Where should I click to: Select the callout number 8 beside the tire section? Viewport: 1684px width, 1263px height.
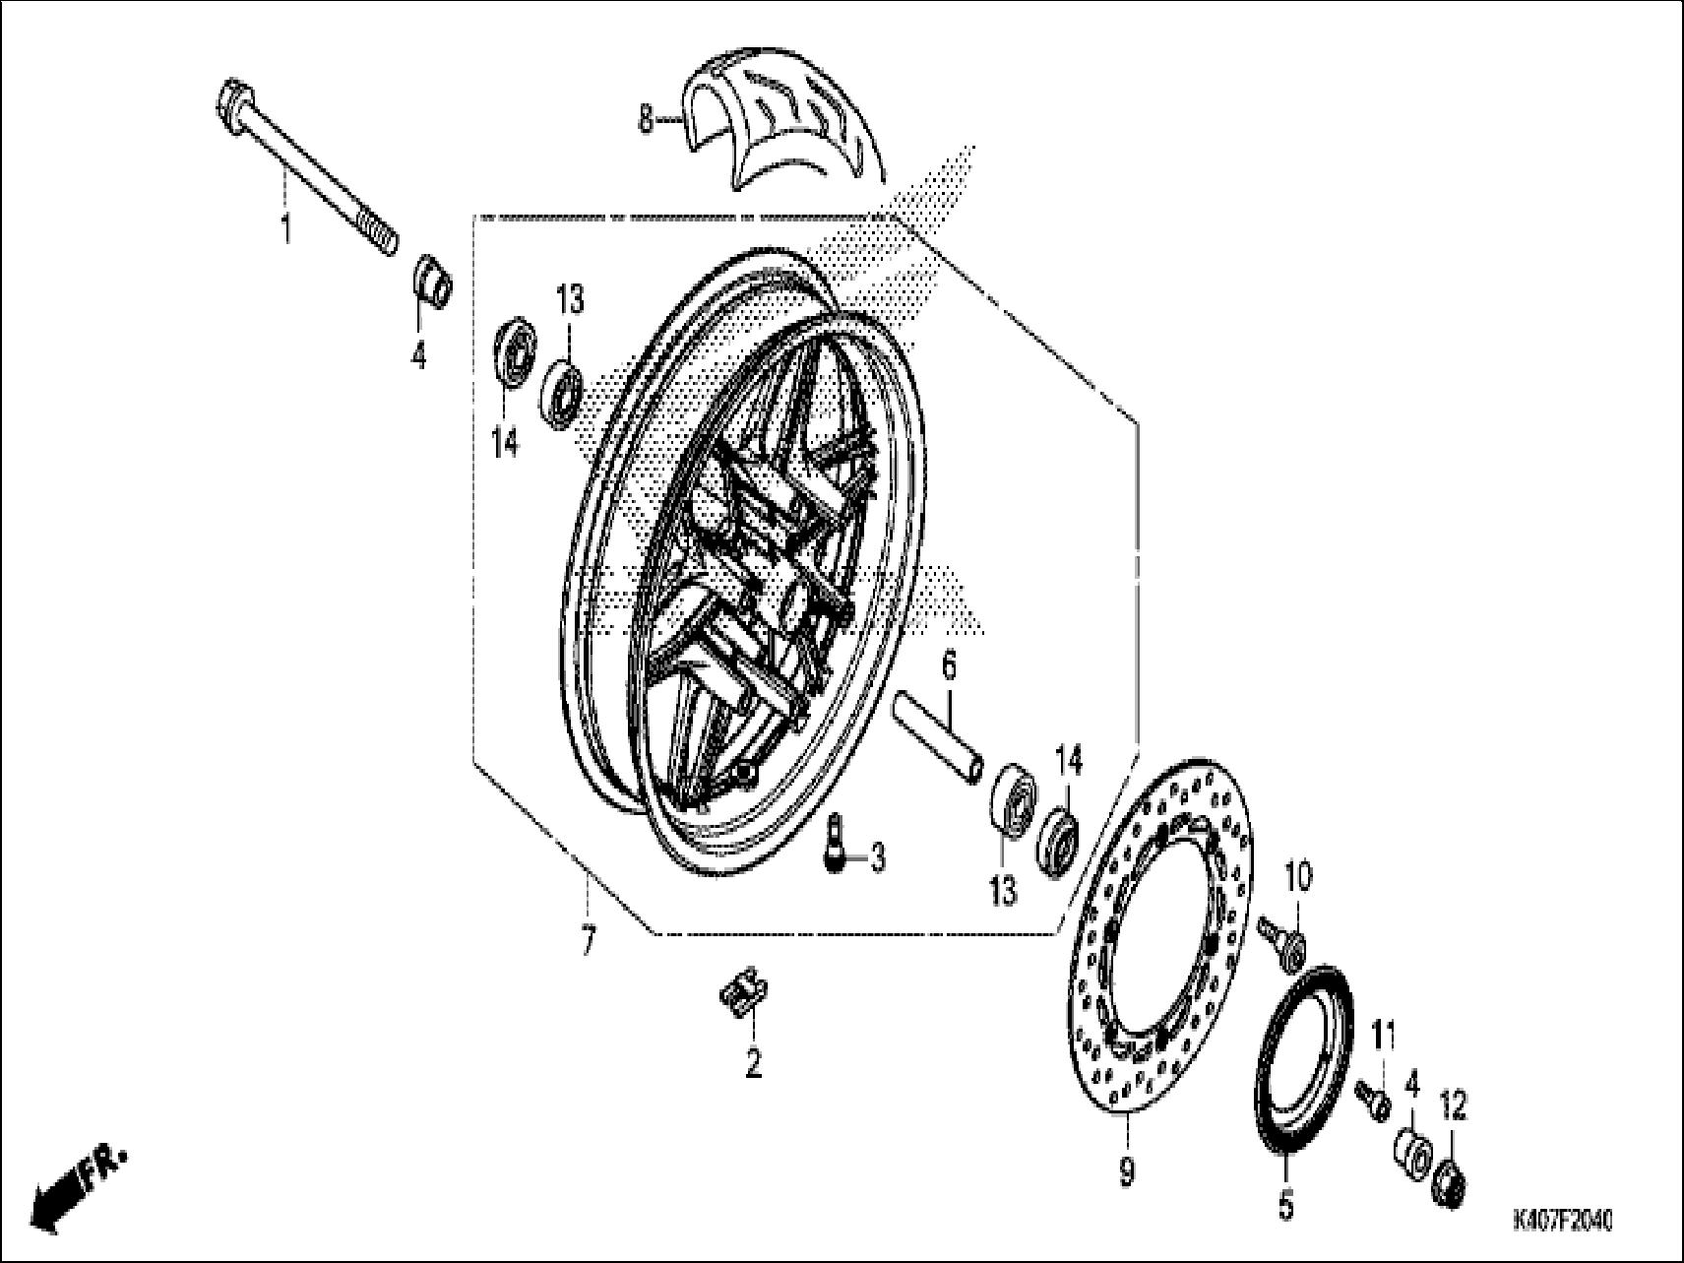tap(646, 121)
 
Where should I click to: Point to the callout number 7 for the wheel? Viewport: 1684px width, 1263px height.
tap(588, 941)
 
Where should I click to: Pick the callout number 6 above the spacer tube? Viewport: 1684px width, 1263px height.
tap(948, 666)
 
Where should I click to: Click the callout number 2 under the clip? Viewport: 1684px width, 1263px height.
tap(753, 1063)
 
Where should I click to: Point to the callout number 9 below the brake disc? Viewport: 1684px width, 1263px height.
tap(1127, 1171)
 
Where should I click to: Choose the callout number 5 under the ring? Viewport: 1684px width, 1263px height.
tap(1286, 1204)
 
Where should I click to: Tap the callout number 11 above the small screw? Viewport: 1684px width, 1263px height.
tap(1385, 1038)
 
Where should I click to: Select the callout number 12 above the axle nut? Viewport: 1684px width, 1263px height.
tap(1454, 1106)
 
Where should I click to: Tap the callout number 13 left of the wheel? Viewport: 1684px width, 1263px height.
tap(570, 299)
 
